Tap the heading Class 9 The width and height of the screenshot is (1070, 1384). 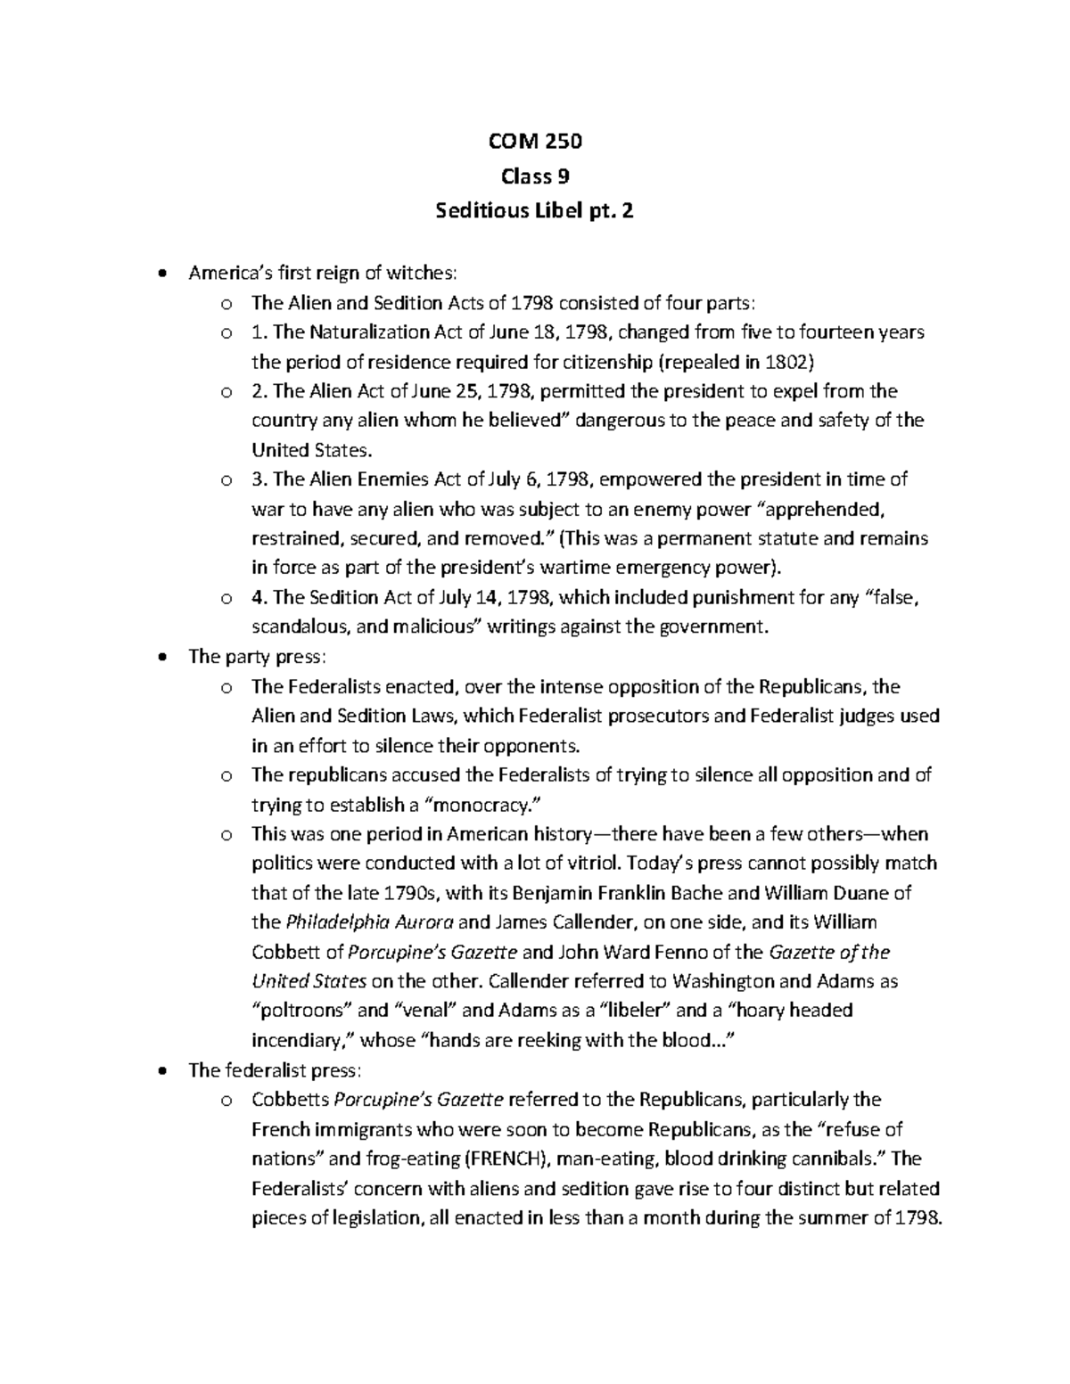point(535,176)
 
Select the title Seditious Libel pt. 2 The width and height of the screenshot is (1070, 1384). point(535,212)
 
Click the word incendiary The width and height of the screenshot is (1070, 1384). point(302,1040)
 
